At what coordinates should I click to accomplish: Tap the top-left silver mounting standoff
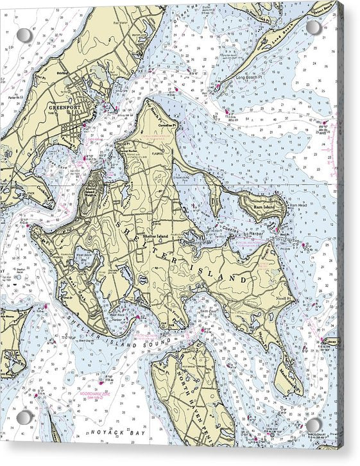(24, 35)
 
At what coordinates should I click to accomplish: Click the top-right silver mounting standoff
(314, 28)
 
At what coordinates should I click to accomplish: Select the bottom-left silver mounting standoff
(24, 418)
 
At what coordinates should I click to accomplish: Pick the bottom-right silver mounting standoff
(314, 425)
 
